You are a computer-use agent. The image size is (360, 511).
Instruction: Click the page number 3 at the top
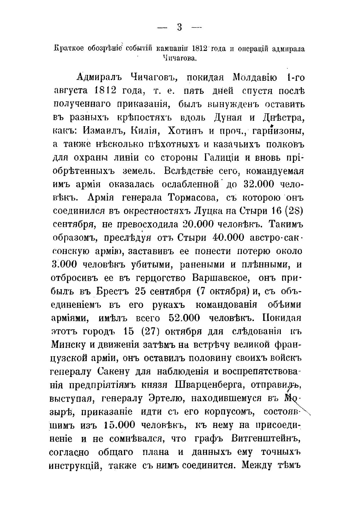[x=180, y=27]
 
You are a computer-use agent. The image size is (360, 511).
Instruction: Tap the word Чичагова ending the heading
[x=180, y=58]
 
